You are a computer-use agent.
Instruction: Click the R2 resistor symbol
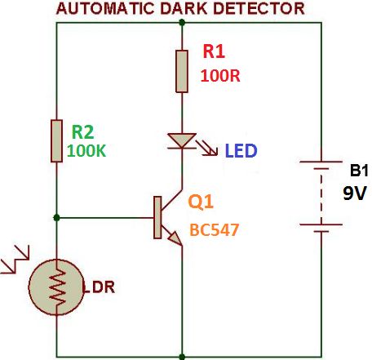(x=56, y=140)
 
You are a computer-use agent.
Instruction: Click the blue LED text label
(x=242, y=151)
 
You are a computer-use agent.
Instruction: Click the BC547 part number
(x=214, y=230)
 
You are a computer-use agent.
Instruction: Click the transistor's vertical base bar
(x=156, y=217)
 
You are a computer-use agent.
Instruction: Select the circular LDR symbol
(x=56, y=289)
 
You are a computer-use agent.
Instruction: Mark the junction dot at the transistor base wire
(x=56, y=217)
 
